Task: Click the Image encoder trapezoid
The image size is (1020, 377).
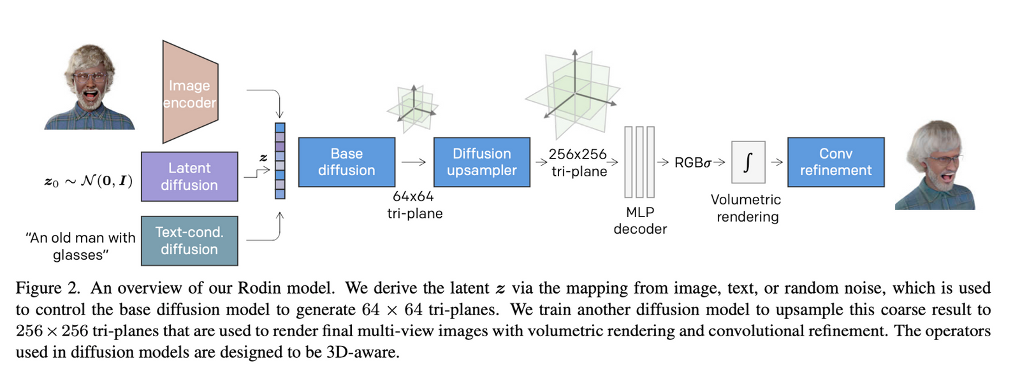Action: coord(190,93)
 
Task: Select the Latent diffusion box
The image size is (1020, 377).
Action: coord(189,176)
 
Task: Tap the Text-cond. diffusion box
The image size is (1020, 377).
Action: coord(189,241)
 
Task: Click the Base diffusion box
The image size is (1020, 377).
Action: coord(346,162)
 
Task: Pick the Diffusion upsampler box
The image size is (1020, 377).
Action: coord(481,162)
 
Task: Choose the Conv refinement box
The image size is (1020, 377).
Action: coord(835,162)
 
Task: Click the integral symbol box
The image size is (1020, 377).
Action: coord(748,162)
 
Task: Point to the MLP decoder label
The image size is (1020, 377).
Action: coord(639,220)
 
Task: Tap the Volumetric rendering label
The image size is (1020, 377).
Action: coord(747,208)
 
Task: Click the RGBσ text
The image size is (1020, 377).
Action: coord(692,162)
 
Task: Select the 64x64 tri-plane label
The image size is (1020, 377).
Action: coord(414,204)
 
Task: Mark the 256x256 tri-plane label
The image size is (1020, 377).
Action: coord(578,162)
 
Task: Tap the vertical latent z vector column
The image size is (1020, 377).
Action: coord(280,161)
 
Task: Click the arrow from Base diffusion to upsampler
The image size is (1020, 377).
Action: coord(414,162)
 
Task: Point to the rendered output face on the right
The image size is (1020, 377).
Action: coord(935,166)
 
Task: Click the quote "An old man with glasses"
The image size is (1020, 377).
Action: coord(80,246)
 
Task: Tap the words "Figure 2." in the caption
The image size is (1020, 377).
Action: coord(48,288)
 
